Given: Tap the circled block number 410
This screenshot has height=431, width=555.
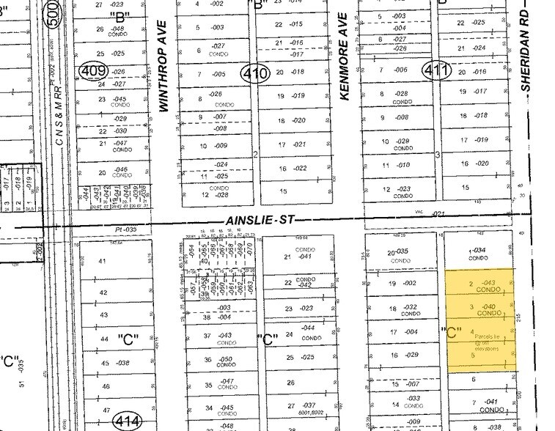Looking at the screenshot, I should [x=257, y=72].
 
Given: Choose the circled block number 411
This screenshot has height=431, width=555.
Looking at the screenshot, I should [x=430, y=71].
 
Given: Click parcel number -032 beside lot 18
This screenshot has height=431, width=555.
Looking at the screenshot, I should [x=410, y=308].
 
